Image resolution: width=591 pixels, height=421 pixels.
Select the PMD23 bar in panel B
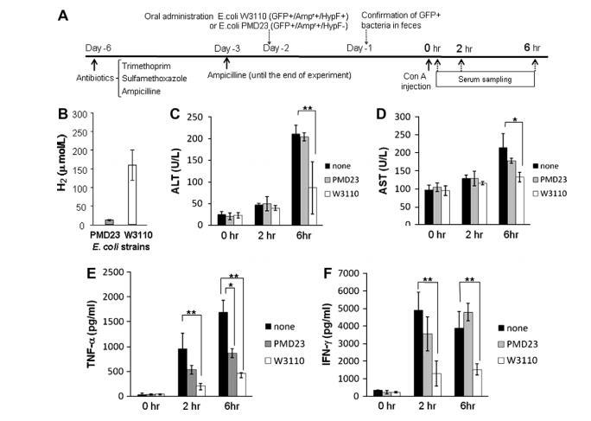pos(85,222)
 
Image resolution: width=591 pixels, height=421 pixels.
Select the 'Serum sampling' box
pos(484,79)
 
